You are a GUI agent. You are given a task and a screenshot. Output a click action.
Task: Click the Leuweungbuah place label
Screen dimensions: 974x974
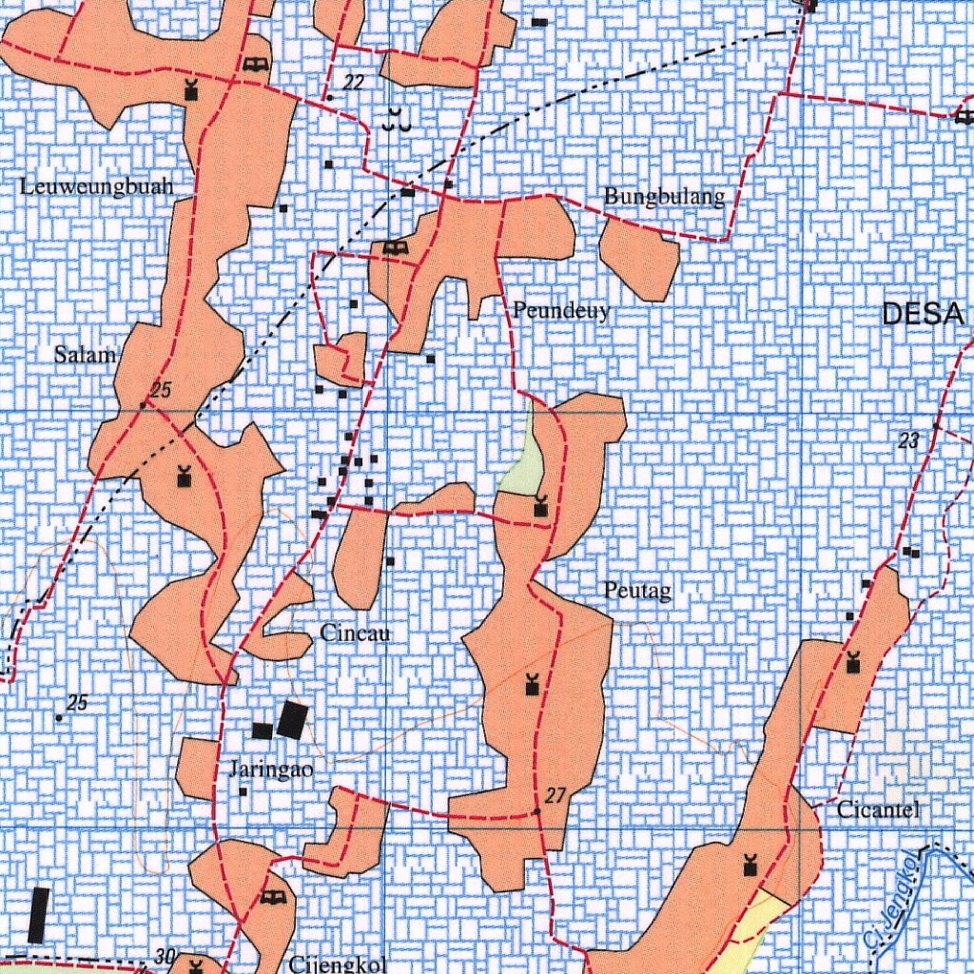coord(97,186)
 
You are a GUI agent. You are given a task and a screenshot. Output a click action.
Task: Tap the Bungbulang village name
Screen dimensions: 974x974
coord(664,197)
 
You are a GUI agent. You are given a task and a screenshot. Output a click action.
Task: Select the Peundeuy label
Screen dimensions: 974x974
coord(560,310)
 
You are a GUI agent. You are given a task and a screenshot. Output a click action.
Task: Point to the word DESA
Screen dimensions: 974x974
coord(923,314)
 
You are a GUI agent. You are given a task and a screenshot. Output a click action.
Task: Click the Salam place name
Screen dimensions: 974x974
coord(85,355)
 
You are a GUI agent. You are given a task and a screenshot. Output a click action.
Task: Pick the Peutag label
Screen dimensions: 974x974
coord(637,592)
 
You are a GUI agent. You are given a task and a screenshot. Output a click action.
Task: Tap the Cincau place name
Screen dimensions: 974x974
coord(356,633)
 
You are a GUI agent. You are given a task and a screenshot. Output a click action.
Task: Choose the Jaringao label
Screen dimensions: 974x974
coord(271,769)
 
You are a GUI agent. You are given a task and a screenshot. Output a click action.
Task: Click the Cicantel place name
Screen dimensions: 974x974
coord(879,810)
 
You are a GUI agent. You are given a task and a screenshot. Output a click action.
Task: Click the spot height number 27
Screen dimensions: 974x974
coord(556,796)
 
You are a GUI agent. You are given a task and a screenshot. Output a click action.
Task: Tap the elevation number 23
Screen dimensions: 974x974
coord(909,439)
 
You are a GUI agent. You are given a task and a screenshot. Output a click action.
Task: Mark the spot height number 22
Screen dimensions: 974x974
coord(353,83)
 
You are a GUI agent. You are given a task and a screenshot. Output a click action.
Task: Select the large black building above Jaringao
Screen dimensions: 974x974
coord(293,720)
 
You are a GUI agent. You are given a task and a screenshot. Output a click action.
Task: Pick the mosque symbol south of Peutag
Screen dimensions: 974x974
coord(532,683)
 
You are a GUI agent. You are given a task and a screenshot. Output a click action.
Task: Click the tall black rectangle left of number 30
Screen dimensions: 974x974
coord(38,914)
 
